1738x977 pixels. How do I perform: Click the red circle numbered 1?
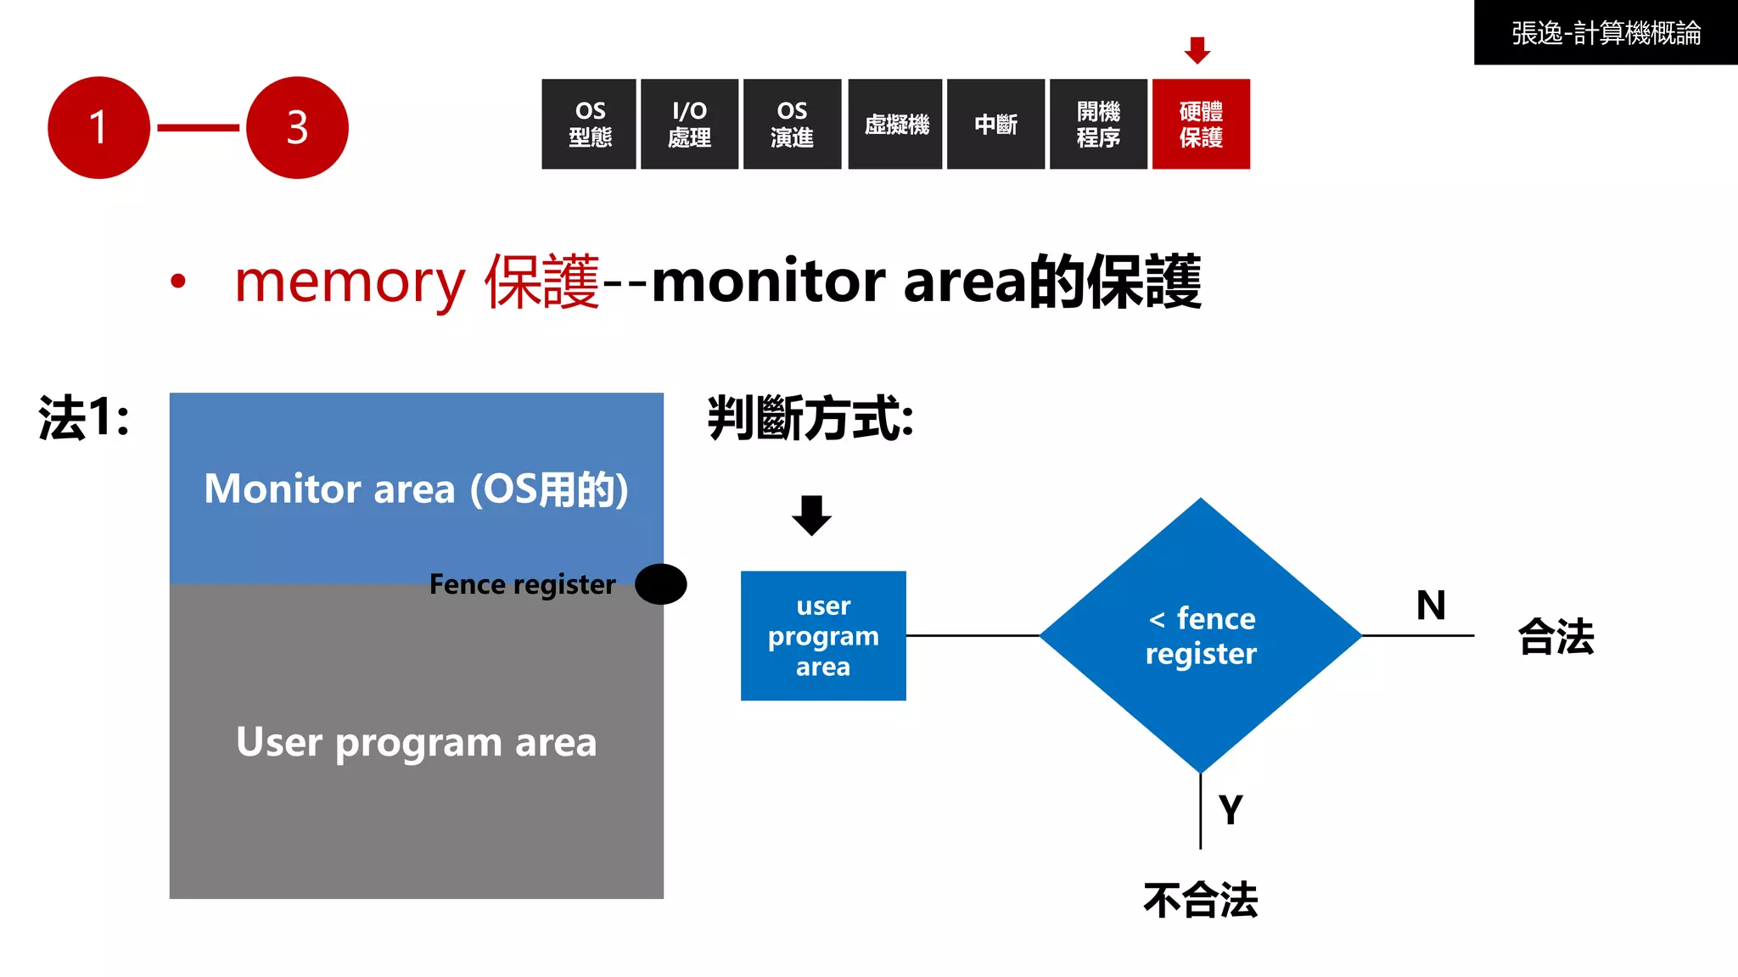(98, 127)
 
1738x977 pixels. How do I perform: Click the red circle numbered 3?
(297, 127)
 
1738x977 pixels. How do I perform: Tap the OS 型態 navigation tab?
(589, 124)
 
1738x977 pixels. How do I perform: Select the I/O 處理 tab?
(689, 124)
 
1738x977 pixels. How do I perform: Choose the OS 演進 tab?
(792, 124)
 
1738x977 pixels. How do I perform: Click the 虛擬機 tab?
(895, 124)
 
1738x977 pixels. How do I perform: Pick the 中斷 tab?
(995, 124)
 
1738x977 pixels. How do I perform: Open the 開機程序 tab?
(1098, 124)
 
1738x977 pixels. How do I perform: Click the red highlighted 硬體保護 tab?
(1201, 124)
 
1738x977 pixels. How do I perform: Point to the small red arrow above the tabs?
(1197, 50)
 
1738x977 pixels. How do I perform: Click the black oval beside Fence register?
(661, 583)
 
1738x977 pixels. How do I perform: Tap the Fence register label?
(522, 584)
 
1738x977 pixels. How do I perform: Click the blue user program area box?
(823, 635)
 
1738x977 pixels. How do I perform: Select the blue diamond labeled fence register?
(1201, 635)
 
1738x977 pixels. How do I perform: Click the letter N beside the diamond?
(1431, 606)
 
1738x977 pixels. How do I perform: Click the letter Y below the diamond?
(1231, 809)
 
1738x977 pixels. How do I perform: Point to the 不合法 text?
(1200, 900)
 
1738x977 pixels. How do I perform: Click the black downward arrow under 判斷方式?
(811, 515)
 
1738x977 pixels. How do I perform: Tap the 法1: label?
(84, 418)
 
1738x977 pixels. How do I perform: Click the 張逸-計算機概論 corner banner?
(1606, 32)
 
